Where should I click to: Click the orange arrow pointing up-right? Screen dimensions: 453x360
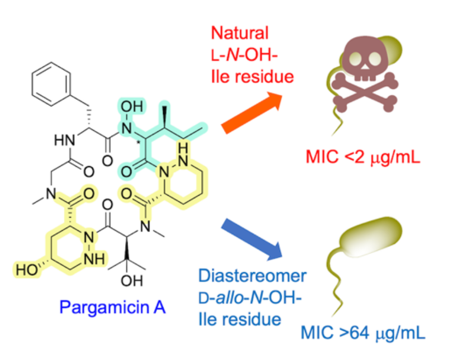point(252,112)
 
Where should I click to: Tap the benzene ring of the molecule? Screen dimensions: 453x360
point(51,84)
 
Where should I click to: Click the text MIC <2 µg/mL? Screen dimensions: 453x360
point(363,157)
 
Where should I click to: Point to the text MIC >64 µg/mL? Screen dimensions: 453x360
point(363,333)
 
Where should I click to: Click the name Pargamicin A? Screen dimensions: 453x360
point(112,307)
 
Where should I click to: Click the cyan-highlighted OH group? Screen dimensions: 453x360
point(132,106)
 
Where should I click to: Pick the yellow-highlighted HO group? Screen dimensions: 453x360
point(26,270)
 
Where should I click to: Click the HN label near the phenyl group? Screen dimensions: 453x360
point(65,140)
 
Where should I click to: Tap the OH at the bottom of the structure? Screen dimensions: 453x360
point(132,280)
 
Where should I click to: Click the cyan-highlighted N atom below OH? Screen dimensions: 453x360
point(126,128)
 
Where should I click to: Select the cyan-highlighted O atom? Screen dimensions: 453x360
point(126,172)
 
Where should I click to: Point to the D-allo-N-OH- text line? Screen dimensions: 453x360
point(250,298)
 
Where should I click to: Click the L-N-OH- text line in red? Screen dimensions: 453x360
point(244,55)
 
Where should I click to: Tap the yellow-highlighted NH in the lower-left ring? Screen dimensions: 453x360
point(94,259)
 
